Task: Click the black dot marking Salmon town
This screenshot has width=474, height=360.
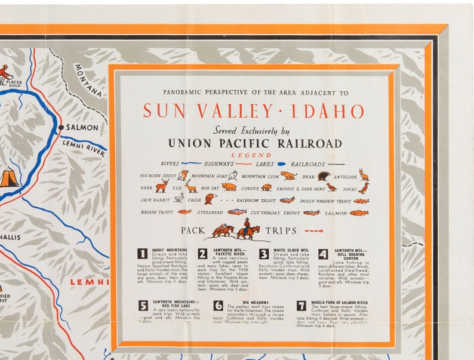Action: coord(61,128)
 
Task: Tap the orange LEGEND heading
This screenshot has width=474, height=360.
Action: coord(255,155)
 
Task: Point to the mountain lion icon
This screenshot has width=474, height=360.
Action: coord(288,176)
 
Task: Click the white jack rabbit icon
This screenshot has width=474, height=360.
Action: coord(178,198)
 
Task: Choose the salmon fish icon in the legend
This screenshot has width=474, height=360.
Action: coord(359,213)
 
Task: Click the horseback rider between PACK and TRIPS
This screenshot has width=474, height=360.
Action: coord(246,228)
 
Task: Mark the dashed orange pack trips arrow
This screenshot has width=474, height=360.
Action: coord(313,231)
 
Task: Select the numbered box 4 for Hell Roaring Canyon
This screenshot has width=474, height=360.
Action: coord(323,254)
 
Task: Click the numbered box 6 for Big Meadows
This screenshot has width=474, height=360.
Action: coord(218,305)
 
